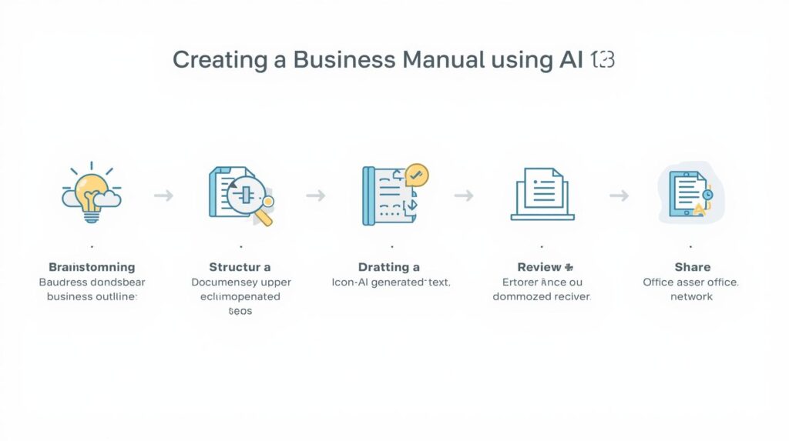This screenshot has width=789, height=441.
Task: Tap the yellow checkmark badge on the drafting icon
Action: pyautogui.click(x=417, y=175)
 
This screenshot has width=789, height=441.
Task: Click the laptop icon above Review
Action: pyautogui.click(x=542, y=195)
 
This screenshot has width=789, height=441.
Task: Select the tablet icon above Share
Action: pyautogui.click(x=689, y=193)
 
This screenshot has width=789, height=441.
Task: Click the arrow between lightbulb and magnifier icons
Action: pyautogui.click(x=163, y=196)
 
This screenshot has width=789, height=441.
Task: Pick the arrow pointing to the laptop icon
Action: pyautogui.click(x=464, y=196)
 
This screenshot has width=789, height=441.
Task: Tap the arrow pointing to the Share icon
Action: pyautogui.click(x=619, y=196)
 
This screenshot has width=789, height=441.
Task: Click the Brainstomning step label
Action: pyautogui.click(x=92, y=267)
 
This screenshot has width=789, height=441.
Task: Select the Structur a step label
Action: pyautogui.click(x=240, y=267)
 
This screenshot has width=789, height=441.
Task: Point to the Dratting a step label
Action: pyautogui.click(x=389, y=267)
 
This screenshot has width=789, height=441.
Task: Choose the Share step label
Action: pyautogui.click(x=692, y=267)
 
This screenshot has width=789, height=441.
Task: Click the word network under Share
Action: pyautogui.click(x=691, y=296)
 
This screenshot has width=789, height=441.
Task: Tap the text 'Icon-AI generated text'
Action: pyautogui.click(x=391, y=282)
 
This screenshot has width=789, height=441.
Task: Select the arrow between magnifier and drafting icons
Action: pyautogui.click(x=316, y=196)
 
